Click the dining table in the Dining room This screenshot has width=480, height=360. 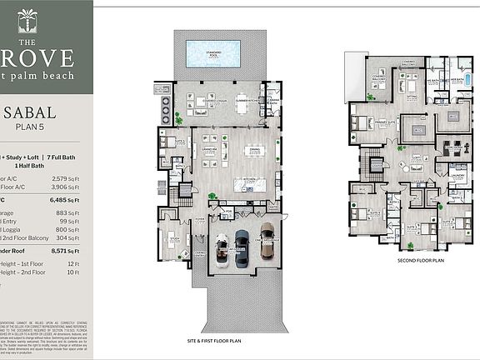point(256,151)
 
